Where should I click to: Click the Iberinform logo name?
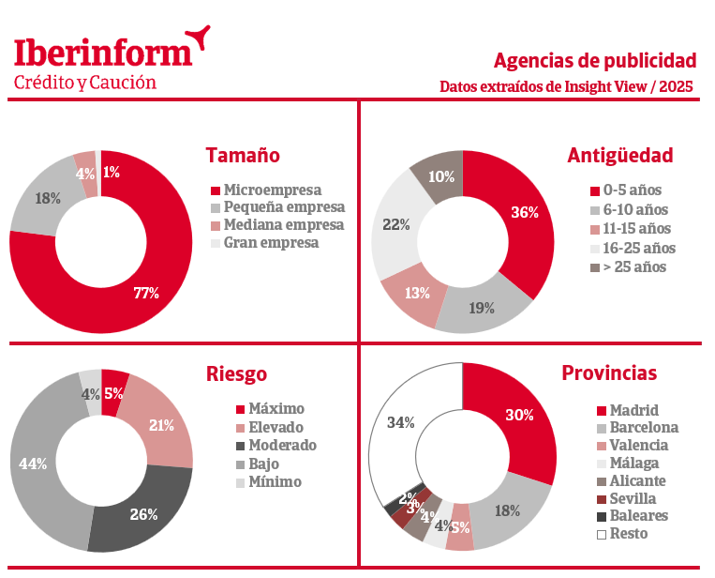click(103, 51)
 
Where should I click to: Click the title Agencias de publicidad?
click(594, 61)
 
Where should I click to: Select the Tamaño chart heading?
click(243, 156)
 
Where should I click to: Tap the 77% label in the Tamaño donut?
click(146, 294)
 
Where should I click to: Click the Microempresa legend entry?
click(272, 190)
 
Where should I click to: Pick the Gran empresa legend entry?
click(271, 242)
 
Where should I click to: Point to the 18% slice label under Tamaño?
click(48, 198)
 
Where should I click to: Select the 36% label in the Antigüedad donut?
click(524, 212)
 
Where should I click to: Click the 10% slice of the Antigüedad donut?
click(441, 176)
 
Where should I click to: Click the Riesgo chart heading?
click(236, 373)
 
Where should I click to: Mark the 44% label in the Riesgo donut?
click(33, 464)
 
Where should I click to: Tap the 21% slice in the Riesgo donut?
click(162, 425)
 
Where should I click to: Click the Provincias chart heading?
click(609, 373)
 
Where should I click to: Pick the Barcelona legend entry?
click(644, 428)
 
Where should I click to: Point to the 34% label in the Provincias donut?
click(401, 422)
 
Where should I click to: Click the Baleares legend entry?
click(639, 516)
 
